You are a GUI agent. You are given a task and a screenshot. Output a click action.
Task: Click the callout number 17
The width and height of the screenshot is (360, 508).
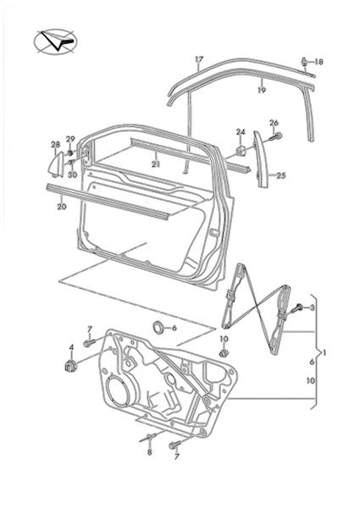pos(199,59)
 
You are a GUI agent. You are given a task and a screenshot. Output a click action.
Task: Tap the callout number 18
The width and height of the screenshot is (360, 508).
pos(318,62)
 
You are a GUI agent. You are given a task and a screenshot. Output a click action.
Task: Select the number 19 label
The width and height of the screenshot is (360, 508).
pos(262,90)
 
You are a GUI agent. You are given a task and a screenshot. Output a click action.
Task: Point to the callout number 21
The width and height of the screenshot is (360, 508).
pos(156,164)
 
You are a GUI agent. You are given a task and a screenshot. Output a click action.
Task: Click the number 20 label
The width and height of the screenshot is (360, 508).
pos(62,206)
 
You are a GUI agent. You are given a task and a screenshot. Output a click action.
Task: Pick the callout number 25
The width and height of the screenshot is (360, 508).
pos(281,175)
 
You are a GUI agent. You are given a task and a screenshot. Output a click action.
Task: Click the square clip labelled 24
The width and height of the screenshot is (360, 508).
pos(241,151)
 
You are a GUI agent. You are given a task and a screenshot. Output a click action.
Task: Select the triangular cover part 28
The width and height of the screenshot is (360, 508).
pos(56,165)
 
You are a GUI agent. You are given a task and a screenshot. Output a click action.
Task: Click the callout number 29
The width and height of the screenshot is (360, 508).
pos(70,139)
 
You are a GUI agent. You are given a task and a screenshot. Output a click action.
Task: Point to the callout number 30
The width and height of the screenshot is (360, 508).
pos(72,174)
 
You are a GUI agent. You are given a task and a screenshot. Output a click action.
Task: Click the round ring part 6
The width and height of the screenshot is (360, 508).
pos(158,327)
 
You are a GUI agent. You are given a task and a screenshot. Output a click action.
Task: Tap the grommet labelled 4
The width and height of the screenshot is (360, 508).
pos(71,366)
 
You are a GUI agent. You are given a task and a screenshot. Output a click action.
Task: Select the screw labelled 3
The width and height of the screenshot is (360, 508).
pos(296,308)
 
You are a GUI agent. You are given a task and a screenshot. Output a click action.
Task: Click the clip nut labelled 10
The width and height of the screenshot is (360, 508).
pos(223,353)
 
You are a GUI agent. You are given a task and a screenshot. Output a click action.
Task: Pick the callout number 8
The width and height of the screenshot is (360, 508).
pos(149,452)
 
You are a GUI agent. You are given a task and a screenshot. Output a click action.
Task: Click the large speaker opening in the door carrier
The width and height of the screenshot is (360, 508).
pos(117,389)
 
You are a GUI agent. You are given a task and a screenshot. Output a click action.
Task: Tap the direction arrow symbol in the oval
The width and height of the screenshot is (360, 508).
pos(55,41)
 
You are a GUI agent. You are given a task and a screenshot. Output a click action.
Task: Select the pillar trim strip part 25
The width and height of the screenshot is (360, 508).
pos(261,159)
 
